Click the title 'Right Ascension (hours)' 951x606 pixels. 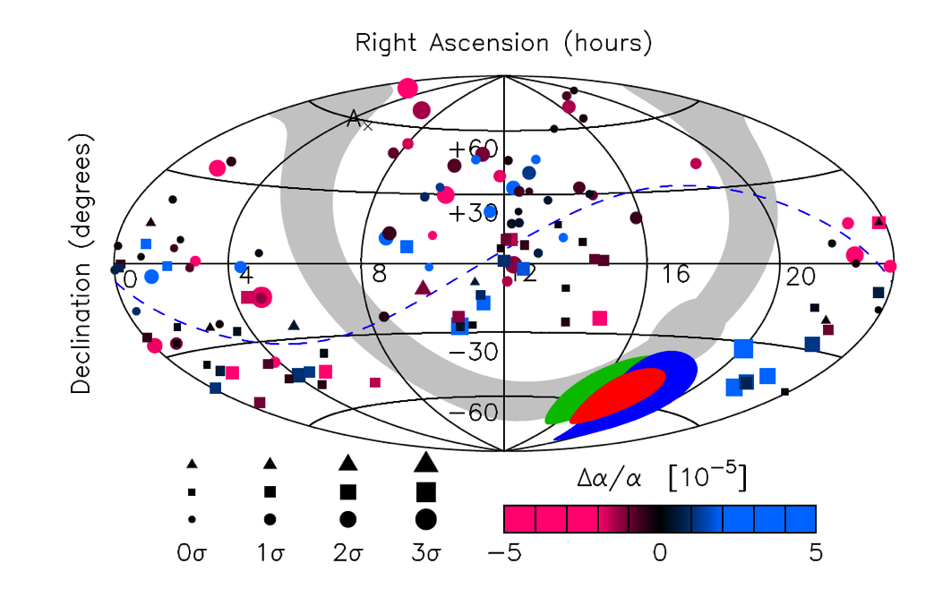pos(503,43)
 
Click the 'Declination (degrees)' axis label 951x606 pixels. pos(81,266)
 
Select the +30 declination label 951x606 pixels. pos(474,214)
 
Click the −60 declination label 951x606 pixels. pos(474,413)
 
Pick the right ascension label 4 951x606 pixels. pos(246,276)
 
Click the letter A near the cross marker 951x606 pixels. pos(355,118)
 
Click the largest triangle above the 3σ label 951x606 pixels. pos(425,461)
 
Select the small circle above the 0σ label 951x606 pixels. pos(192,519)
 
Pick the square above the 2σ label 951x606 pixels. pos(348,491)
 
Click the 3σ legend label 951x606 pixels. pos(425,553)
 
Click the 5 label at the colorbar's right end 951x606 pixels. pos(815,553)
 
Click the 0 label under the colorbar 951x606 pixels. pos(660,553)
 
